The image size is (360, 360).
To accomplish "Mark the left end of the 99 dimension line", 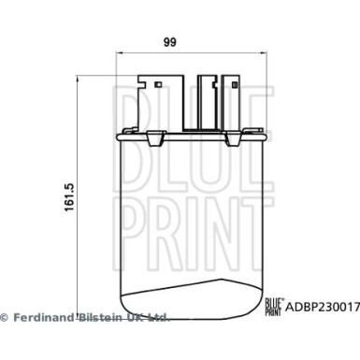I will coord(115,53).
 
